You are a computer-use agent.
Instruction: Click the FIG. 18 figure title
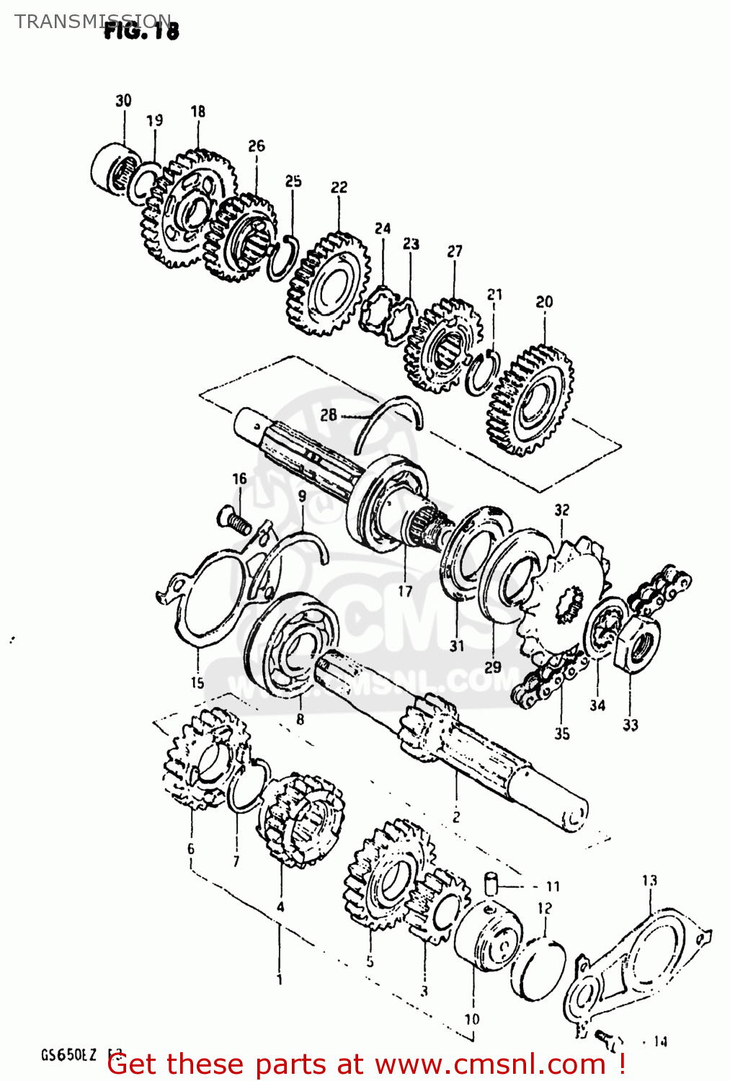pyautogui.click(x=141, y=30)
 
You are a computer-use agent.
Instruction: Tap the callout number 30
pyautogui.click(x=123, y=100)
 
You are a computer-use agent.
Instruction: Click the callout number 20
pyautogui.click(x=544, y=302)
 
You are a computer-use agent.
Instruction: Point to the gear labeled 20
pyautogui.click(x=532, y=401)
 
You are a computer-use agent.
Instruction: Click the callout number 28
pyautogui.click(x=329, y=414)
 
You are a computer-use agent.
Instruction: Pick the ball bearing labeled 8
pyautogui.click(x=293, y=646)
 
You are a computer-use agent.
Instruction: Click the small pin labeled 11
pyautogui.click(x=491, y=884)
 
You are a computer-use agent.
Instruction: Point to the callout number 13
pyautogui.click(x=649, y=880)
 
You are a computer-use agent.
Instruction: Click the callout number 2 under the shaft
pyautogui.click(x=455, y=817)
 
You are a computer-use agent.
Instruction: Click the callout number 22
pyautogui.click(x=339, y=187)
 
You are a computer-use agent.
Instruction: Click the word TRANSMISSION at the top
pyautogui.click(x=92, y=21)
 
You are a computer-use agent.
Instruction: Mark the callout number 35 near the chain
pyautogui.click(x=562, y=734)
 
